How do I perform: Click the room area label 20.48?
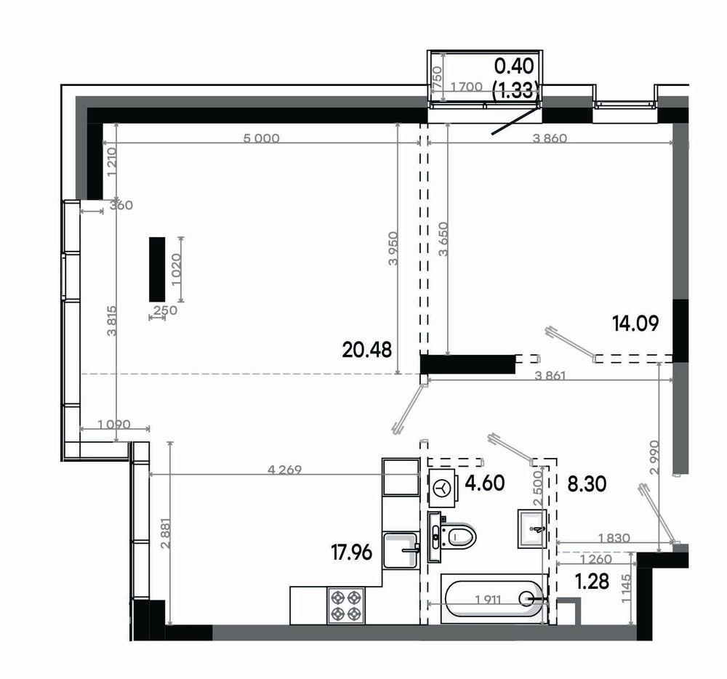(366, 350)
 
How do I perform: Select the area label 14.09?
(635, 323)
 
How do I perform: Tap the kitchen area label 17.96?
(351, 553)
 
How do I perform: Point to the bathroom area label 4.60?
(485, 483)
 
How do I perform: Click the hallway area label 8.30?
(587, 485)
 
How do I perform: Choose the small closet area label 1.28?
(592, 581)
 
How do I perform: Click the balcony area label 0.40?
(514, 67)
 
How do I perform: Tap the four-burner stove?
(346, 606)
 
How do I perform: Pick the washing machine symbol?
(443, 488)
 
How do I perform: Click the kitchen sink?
(401, 550)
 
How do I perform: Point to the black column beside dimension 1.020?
(157, 269)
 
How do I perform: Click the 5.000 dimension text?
(262, 138)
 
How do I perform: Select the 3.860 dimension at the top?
(550, 138)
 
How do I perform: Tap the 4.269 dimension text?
(285, 470)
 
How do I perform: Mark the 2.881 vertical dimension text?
(166, 534)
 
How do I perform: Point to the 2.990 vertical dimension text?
(654, 457)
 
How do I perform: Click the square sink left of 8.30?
(532, 529)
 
